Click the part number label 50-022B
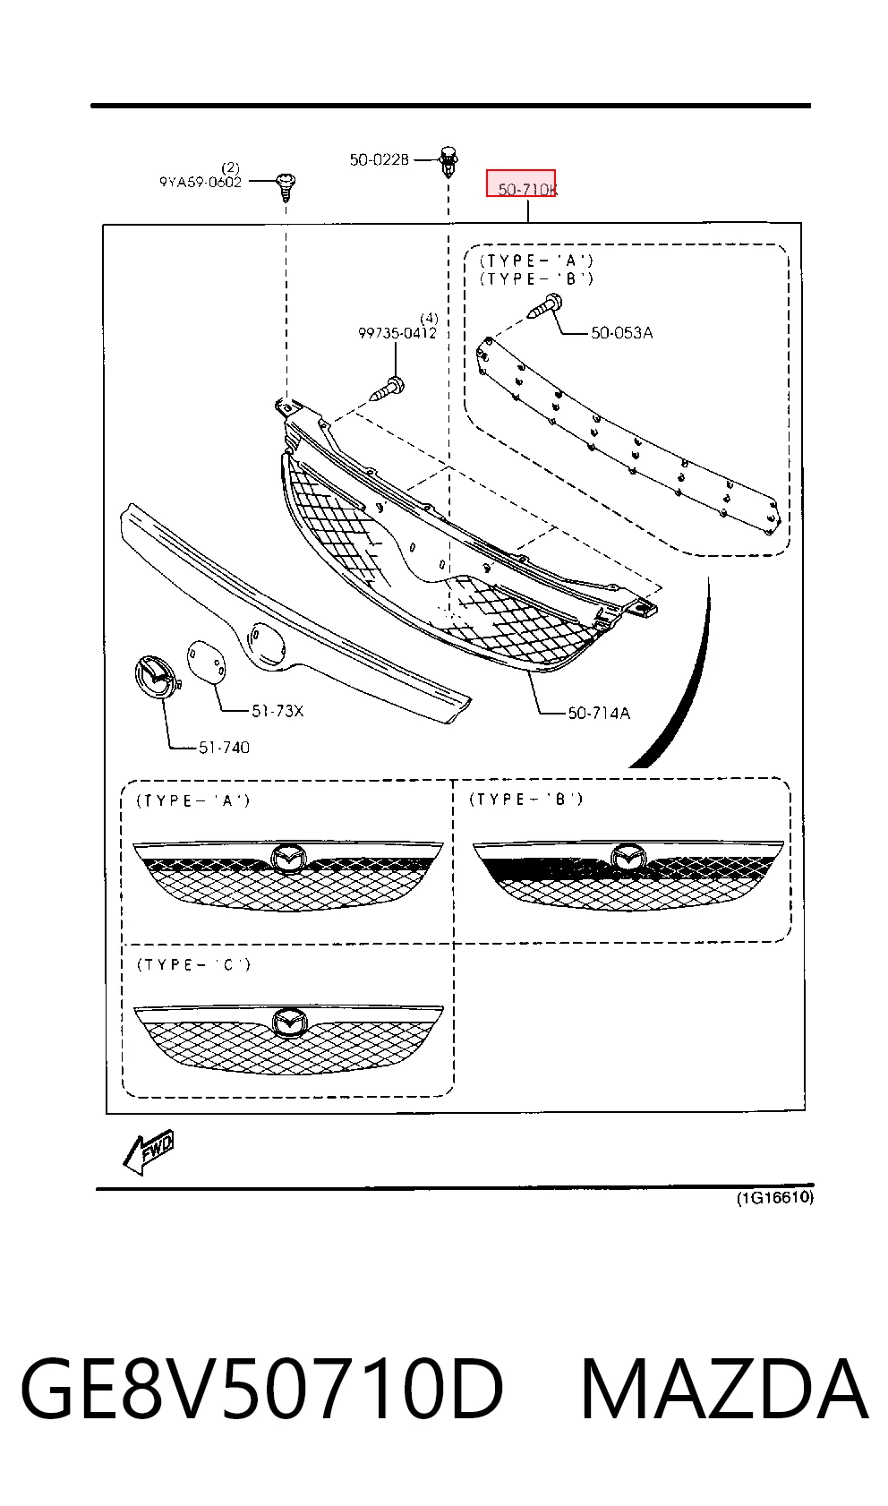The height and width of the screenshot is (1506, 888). tap(380, 160)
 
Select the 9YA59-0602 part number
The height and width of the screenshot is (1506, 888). tap(201, 182)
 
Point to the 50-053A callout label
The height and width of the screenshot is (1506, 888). tap(622, 333)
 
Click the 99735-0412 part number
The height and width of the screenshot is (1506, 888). tap(397, 333)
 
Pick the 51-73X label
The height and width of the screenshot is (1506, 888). tap(277, 711)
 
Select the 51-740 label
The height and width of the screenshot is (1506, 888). tap(224, 748)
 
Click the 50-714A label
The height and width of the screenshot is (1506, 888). tap(599, 714)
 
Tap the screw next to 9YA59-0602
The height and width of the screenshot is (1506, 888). tap(286, 186)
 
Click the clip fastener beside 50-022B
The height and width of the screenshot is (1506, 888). tap(448, 160)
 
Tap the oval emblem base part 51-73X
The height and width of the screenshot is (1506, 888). tap(206, 661)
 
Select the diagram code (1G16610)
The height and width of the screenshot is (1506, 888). tap(775, 1197)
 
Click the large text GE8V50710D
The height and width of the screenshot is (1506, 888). tap(261, 1389)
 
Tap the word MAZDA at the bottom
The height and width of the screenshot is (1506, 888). tap(725, 1389)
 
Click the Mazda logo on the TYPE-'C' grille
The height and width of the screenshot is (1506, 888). tap(290, 1022)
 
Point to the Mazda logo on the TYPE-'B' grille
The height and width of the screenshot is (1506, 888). tap(629, 857)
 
